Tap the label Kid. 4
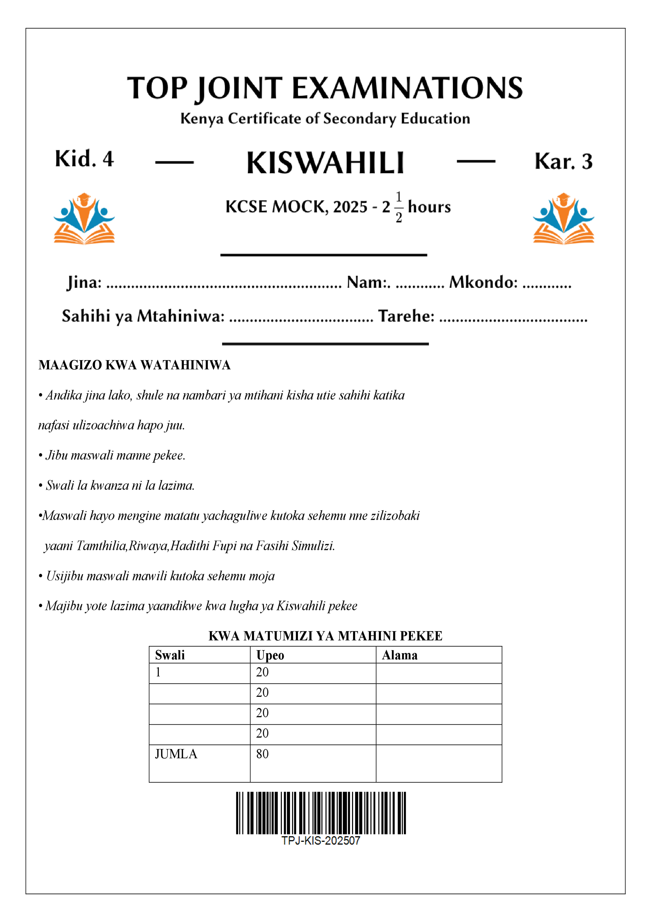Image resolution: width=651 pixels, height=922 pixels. point(84,159)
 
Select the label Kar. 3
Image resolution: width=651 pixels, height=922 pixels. point(563,161)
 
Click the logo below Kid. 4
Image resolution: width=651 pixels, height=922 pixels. point(84,219)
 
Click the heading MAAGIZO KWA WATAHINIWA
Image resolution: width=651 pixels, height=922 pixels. point(134,365)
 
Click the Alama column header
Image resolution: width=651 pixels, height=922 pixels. point(400,655)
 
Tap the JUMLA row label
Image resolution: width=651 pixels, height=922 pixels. point(176,754)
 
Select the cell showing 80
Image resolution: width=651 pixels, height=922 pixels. point(262,754)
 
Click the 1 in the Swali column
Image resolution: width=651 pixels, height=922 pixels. point(158,672)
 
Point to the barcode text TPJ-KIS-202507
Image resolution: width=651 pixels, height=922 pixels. point(321,841)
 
